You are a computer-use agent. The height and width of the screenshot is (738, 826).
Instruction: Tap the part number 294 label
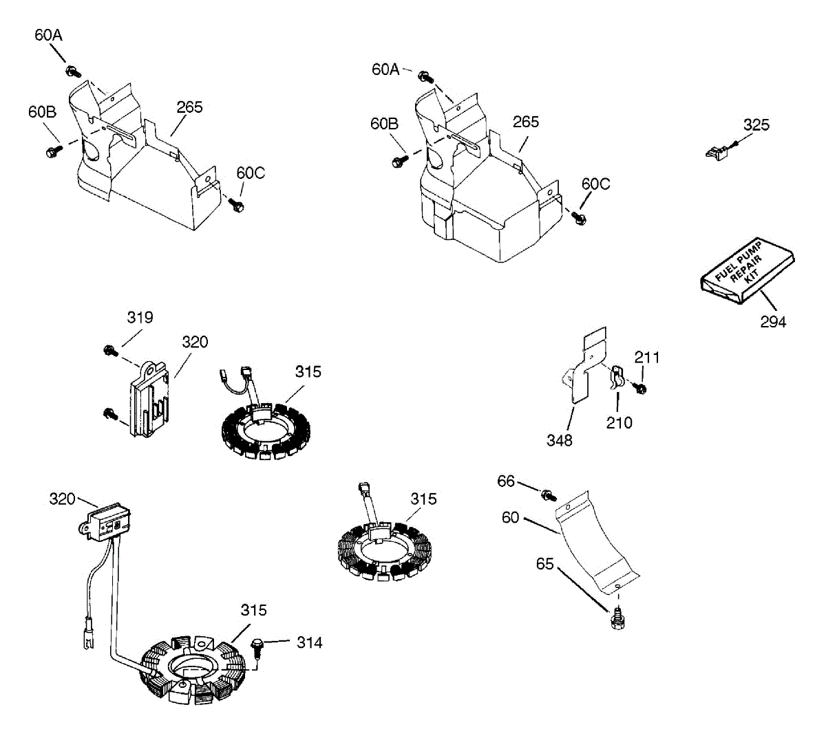coord(773,321)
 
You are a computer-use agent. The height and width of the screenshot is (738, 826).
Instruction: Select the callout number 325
coord(756,125)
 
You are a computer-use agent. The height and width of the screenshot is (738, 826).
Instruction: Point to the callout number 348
coord(559,440)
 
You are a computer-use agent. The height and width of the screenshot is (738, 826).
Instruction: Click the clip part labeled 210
coord(617,378)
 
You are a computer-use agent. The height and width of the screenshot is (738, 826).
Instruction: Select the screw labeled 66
coord(549,494)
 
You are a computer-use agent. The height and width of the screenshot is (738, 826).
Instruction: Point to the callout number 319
coord(140,318)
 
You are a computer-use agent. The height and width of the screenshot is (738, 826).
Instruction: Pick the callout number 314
coord(309,642)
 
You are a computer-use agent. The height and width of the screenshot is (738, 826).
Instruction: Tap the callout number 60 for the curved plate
coord(510,517)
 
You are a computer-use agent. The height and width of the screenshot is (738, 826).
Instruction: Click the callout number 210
coord(619,422)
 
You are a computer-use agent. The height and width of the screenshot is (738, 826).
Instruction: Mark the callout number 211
coord(646,358)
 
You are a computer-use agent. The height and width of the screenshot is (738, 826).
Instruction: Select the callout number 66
coord(506,481)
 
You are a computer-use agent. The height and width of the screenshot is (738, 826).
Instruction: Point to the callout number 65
coord(544,564)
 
